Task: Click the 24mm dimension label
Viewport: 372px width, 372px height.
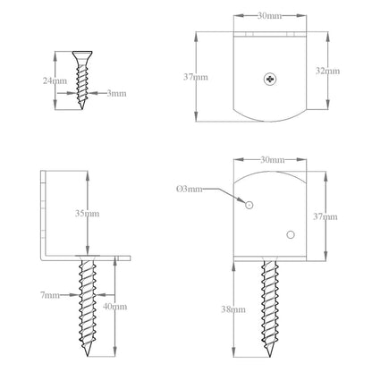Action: click(55, 80)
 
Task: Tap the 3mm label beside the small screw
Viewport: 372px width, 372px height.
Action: click(116, 93)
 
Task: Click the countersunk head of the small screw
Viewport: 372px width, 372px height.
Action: click(82, 55)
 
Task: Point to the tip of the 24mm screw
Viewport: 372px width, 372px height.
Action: click(82, 109)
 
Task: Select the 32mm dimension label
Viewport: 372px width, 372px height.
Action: click(327, 71)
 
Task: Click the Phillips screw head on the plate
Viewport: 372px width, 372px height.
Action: click(270, 79)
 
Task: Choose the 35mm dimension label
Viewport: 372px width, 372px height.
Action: click(87, 214)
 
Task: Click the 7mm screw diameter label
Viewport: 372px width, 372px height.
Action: click(50, 295)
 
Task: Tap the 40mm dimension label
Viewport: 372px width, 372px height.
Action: click(114, 307)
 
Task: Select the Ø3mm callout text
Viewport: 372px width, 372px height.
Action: click(190, 189)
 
